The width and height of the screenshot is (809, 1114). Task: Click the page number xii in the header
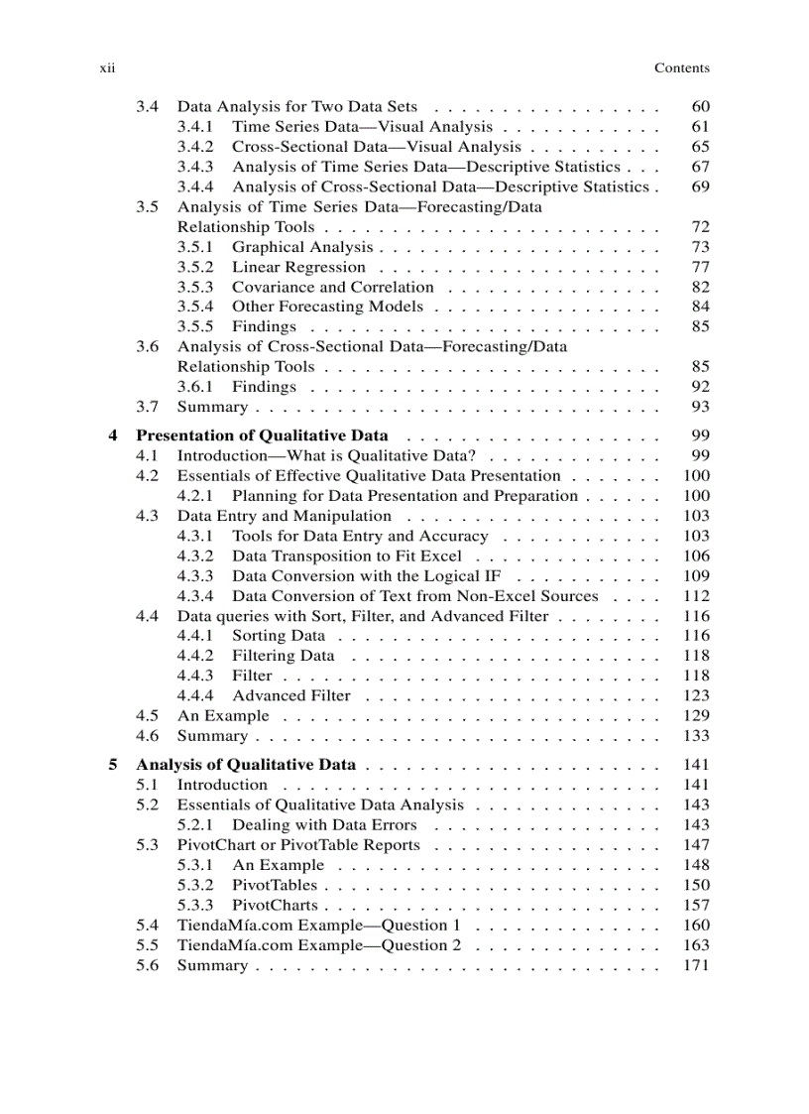click(108, 68)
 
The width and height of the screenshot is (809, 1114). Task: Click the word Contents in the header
click(681, 68)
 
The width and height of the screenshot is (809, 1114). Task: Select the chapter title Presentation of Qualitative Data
click(262, 435)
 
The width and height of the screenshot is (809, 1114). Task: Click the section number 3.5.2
click(195, 267)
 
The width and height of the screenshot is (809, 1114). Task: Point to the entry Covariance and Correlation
click(332, 287)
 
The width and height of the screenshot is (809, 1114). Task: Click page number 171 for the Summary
click(696, 965)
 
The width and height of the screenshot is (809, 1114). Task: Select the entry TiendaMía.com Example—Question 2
click(318, 945)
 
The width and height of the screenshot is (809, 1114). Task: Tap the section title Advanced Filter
click(291, 696)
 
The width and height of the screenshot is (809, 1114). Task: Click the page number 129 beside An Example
click(696, 716)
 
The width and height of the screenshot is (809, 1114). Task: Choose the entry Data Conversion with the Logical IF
click(366, 576)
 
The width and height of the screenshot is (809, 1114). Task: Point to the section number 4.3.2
click(195, 557)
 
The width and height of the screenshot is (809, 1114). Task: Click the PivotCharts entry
click(275, 905)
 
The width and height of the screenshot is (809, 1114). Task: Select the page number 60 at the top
click(700, 106)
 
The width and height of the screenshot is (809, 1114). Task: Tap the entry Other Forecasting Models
click(327, 307)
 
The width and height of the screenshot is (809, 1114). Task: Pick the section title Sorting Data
click(278, 636)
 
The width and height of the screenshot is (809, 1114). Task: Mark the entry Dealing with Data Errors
click(324, 825)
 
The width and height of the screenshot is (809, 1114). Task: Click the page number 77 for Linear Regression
click(700, 267)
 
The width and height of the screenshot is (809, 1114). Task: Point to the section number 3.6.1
click(195, 387)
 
